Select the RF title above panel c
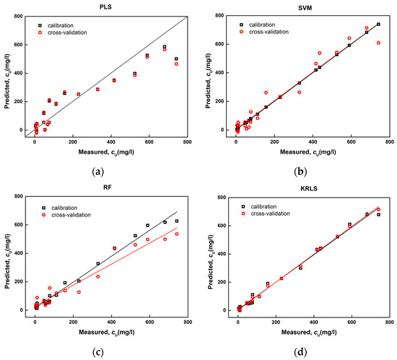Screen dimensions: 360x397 tap(106, 185)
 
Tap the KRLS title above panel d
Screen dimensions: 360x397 tap(310, 185)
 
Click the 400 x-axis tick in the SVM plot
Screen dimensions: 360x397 tap(313, 142)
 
